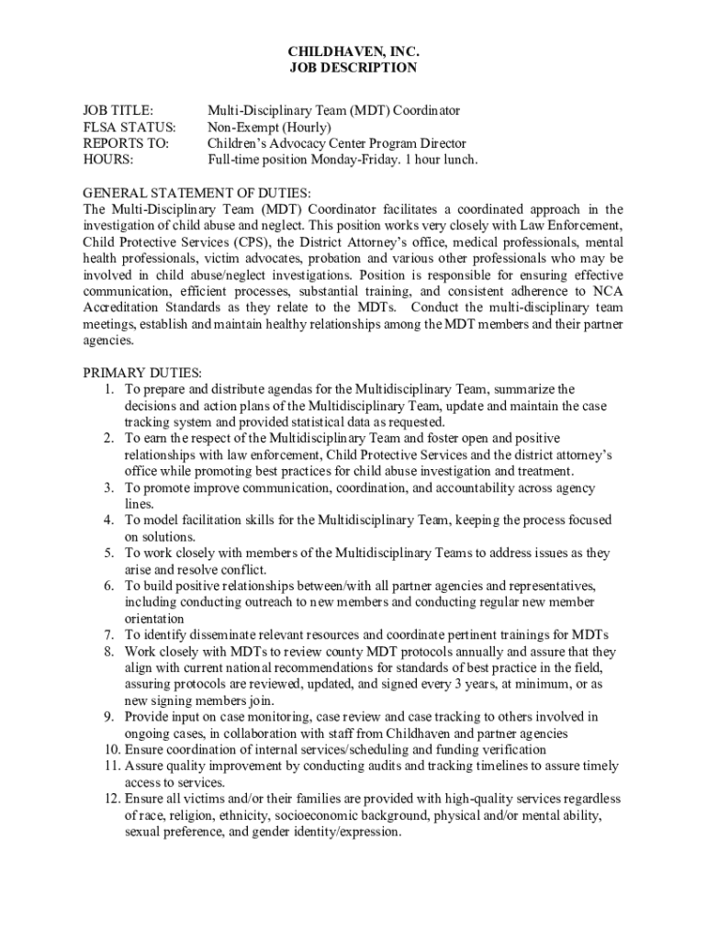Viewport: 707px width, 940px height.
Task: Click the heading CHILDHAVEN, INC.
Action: point(353,51)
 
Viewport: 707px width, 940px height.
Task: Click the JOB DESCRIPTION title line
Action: point(353,68)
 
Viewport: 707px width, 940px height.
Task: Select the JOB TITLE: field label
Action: point(119,110)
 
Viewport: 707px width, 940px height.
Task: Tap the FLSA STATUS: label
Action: point(129,127)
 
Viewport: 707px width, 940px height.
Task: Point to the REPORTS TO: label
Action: point(126,143)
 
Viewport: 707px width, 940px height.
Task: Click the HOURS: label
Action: point(108,160)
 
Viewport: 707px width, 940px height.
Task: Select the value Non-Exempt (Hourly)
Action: point(269,127)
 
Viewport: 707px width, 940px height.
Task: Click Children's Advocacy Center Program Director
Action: point(336,143)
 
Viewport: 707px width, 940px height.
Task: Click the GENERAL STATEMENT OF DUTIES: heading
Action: point(197,193)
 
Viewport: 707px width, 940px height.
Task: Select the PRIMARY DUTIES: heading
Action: point(142,373)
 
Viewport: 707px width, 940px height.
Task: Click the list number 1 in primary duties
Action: point(108,389)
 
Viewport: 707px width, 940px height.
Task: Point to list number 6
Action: point(108,586)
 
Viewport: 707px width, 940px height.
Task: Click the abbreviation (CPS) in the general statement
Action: point(249,242)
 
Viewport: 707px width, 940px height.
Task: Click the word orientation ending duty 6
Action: point(155,619)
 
